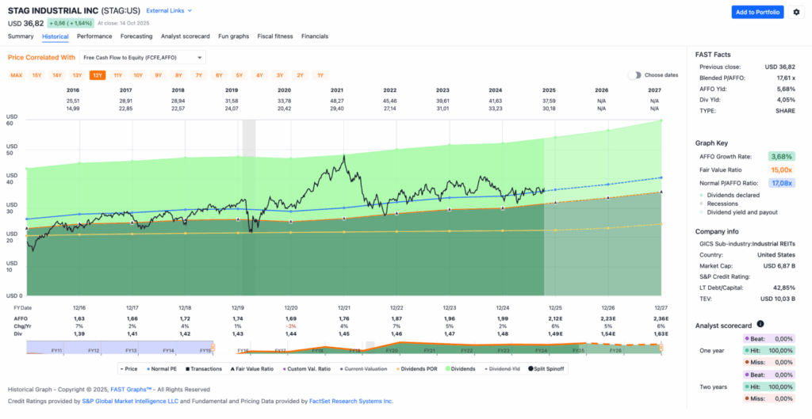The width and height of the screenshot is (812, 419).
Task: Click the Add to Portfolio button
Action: (757, 12)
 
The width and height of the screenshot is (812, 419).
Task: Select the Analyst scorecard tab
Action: (185, 36)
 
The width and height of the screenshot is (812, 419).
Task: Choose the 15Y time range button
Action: (36, 75)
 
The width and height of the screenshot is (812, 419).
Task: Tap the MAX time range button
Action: (16, 75)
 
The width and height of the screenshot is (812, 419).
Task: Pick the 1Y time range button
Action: (320, 75)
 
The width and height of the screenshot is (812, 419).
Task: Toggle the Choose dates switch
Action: (634, 75)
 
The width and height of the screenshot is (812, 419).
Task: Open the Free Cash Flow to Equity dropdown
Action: (143, 57)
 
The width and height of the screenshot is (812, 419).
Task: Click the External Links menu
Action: (169, 10)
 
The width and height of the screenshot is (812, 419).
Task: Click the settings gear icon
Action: (796, 12)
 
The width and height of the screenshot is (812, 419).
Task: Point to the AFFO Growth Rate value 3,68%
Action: (781, 157)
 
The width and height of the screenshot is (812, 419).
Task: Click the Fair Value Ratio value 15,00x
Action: (781, 170)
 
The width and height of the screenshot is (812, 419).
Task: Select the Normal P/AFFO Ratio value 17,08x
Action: (781, 183)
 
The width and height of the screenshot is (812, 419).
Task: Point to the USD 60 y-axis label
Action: (11, 120)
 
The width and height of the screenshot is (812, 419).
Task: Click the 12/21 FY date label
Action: (345, 307)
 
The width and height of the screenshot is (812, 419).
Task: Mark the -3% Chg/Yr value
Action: (291, 326)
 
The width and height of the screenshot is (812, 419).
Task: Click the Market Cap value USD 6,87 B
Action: (779, 265)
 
